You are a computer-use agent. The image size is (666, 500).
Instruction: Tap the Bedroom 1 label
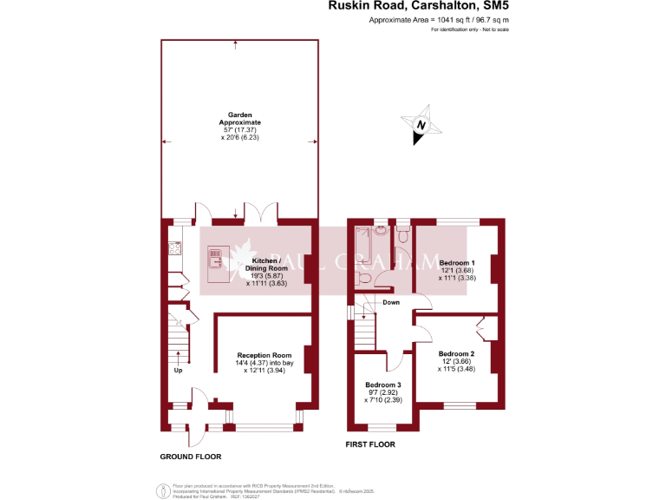[x=456, y=262]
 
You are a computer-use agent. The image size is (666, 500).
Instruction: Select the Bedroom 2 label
[x=456, y=354]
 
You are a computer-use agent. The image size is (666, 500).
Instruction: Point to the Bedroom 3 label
[x=382, y=385]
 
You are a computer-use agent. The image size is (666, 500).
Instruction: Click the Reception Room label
[x=264, y=355]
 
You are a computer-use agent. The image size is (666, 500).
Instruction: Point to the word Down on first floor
[x=391, y=303]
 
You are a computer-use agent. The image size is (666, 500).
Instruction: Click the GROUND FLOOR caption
[x=190, y=457]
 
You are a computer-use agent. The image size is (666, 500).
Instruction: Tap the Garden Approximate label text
[x=239, y=119]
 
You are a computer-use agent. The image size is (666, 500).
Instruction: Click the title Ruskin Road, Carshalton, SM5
[x=417, y=6]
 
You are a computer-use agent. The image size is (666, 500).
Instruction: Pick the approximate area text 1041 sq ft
[x=439, y=19]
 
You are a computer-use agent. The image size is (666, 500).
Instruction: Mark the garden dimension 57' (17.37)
[x=239, y=129]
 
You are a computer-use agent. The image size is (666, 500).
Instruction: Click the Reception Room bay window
[x=264, y=425]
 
